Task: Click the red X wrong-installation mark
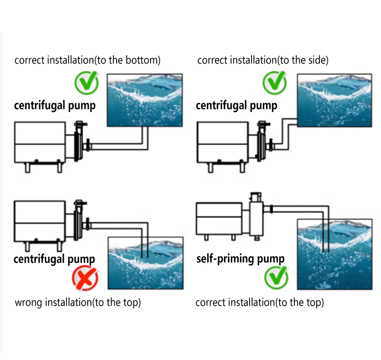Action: [x=85, y=279]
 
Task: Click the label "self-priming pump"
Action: [x=241, y=259]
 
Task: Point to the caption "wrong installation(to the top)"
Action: [x=78, y=302]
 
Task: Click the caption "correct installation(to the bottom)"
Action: [x=87, y=60]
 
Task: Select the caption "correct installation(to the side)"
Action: [x=263, y=60]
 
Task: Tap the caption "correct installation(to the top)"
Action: [x=260, y=302]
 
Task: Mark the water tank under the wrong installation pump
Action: [x=145, y=263]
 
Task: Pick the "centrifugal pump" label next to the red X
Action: [x=54, y=259]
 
